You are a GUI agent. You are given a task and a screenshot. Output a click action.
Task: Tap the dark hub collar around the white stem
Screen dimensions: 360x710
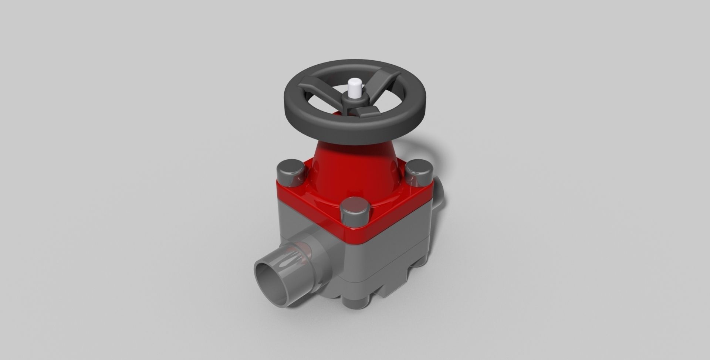tap(354, 101)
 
